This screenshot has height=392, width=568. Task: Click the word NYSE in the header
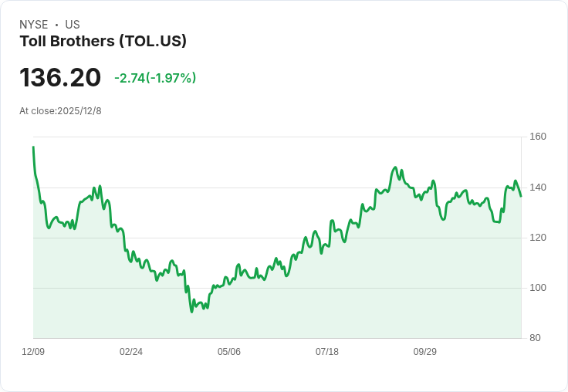coord(34,25)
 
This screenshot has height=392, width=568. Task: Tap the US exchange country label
coord(73,25)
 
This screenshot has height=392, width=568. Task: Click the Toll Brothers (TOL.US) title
coord(103,42)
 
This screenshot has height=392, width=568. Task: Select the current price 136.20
coord(60,78)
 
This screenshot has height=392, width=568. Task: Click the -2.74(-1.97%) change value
coord(155,78)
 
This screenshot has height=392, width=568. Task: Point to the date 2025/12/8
coord(79,111)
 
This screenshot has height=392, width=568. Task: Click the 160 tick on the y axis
coord(537,137)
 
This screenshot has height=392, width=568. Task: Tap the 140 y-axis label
coord(537,188)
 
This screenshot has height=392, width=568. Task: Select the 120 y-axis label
coord(537,238)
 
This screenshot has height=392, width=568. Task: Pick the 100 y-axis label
coord(537,288)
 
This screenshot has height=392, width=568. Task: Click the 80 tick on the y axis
coord(535,338)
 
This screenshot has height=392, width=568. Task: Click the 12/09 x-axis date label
coord(33,352)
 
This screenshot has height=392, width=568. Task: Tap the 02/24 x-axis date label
coord(131,352)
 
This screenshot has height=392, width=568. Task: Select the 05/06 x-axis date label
coord(229,352)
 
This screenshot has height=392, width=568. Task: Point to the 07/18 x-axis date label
coord(327,352)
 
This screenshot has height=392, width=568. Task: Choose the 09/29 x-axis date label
coord(425,352)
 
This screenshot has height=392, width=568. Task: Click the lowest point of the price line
coord(191,312)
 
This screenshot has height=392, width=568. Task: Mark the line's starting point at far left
coord(33,147)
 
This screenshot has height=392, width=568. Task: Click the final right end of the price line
coord(521,196)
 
